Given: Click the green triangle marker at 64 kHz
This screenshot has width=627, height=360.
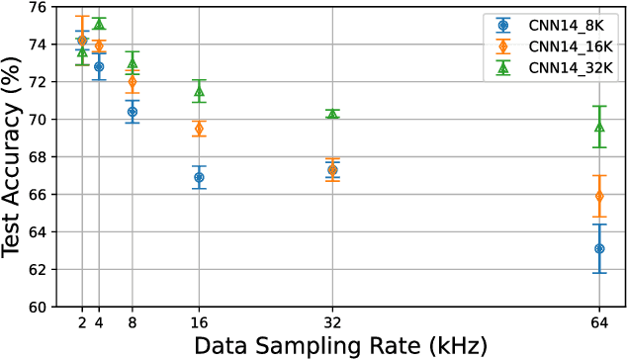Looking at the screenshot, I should [599, 127].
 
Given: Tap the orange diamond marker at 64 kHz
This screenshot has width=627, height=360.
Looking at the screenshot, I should [599, 196].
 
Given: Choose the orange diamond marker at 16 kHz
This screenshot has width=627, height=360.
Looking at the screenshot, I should [199, 129].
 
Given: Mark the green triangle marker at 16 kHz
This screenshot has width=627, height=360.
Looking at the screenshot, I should [199, 92].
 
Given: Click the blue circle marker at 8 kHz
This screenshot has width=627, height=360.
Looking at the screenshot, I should [133, 112].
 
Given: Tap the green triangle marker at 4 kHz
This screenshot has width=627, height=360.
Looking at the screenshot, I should [99, 23].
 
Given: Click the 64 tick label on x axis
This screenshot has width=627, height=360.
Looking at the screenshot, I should [599, 321].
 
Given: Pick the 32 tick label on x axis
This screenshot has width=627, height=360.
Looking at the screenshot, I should [332, 321].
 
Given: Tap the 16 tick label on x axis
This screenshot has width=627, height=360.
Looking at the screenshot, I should [199, 321].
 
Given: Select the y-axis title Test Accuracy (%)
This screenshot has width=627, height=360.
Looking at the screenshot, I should [14, 156].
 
